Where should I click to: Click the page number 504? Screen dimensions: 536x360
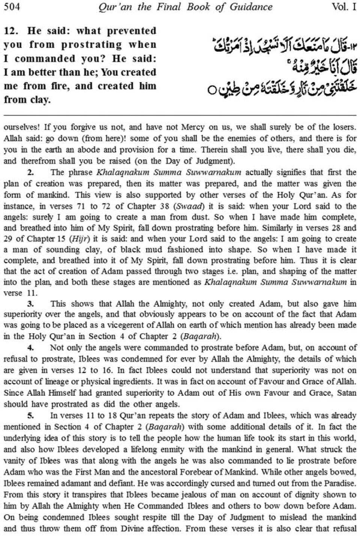pos(12,7)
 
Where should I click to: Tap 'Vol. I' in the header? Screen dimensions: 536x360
pos(344,7)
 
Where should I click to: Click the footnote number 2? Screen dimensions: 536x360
pos(31,173)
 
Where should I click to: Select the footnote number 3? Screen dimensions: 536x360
pos(31,304)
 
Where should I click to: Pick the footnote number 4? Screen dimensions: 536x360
pos(31,348)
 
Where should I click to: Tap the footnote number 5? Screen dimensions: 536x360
pos(31,415)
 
